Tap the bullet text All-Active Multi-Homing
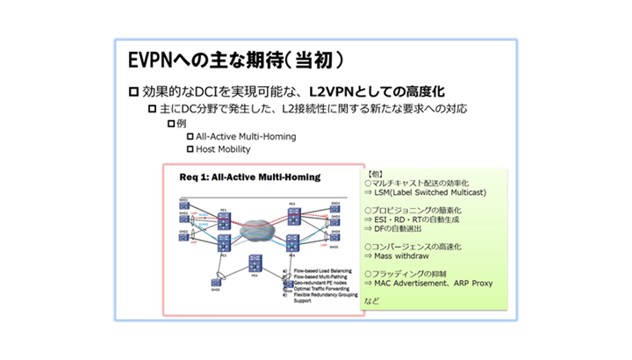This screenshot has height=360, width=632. point(246,136)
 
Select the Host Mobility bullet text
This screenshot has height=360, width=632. point(223,149)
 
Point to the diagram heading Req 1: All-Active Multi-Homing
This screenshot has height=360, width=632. point(249,176)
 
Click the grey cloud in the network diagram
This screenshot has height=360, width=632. point(255,226)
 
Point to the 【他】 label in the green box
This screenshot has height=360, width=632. point(373,174)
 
